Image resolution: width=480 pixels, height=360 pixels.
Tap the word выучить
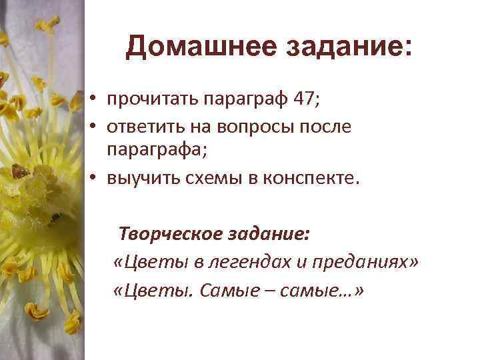(140, 178)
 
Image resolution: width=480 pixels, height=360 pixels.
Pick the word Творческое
(167, 235)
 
